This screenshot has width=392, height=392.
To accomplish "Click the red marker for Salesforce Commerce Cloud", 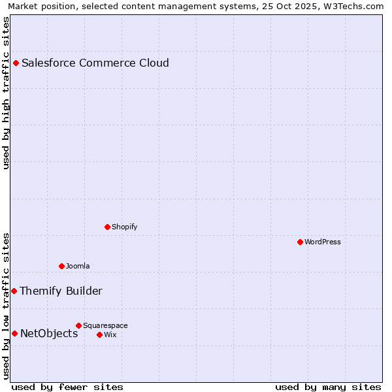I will coord(16,63).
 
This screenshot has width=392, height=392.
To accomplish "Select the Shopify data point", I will coord(107,227).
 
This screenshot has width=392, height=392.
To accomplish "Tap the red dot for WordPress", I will coord(300,242).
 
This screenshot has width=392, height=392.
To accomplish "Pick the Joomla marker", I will coord(61,266).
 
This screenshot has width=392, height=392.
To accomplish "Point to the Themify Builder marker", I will coord(14,291).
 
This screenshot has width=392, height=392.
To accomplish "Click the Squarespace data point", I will coord(78,325).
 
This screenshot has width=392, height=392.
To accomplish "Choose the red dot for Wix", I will coord(99,335).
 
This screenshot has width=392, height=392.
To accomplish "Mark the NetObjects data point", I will coord(14,334).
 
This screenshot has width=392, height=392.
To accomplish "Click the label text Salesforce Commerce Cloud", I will coord(95,63).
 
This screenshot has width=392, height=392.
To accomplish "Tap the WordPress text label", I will coord(323,242).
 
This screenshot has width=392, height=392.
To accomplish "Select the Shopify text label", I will coord(124,227).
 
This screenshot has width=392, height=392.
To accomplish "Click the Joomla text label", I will coord(78,266).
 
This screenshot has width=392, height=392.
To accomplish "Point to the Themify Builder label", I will coord(61,291).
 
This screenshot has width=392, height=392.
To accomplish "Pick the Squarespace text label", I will coord(105,325).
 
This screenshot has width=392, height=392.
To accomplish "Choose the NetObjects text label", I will coord(49,334).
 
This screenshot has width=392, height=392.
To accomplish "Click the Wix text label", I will coord(110,335).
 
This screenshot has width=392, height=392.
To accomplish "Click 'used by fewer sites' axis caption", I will coord(67,387).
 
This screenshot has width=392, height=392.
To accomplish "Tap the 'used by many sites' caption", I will coord(328,387).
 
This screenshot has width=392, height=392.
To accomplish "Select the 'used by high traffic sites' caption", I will coord(6,93).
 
